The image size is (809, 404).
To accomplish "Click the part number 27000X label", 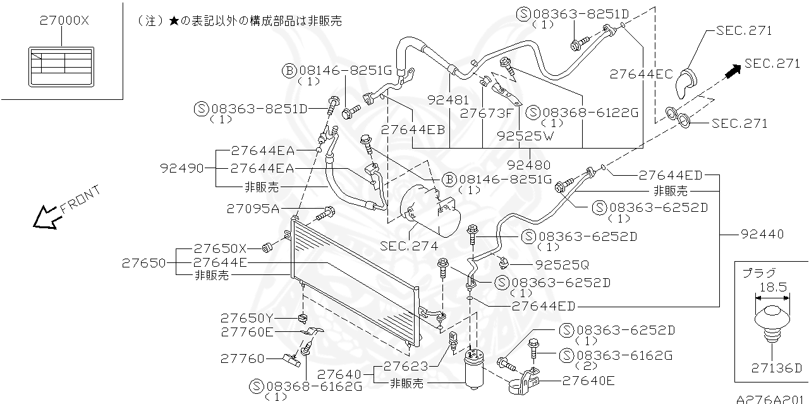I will click(x=64, y=21).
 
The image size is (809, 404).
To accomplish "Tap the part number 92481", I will click(x=448, y=100).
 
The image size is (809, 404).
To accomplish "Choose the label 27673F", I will click(x=486, y=114).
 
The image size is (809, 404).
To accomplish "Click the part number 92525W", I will click(x=525, y=135).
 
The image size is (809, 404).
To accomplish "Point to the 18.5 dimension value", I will click(x=772, y=287).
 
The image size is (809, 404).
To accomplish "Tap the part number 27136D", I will click(x=776, y=368).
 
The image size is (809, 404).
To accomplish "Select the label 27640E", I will click(x=588, y=381).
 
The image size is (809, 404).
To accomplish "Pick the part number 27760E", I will click(x=247, y=331).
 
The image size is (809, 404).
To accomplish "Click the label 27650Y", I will click(x=247, y=317).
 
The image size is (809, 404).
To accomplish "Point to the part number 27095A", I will click(x=253, y=209).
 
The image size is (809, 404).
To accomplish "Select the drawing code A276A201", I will click(x=772, y=399).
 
